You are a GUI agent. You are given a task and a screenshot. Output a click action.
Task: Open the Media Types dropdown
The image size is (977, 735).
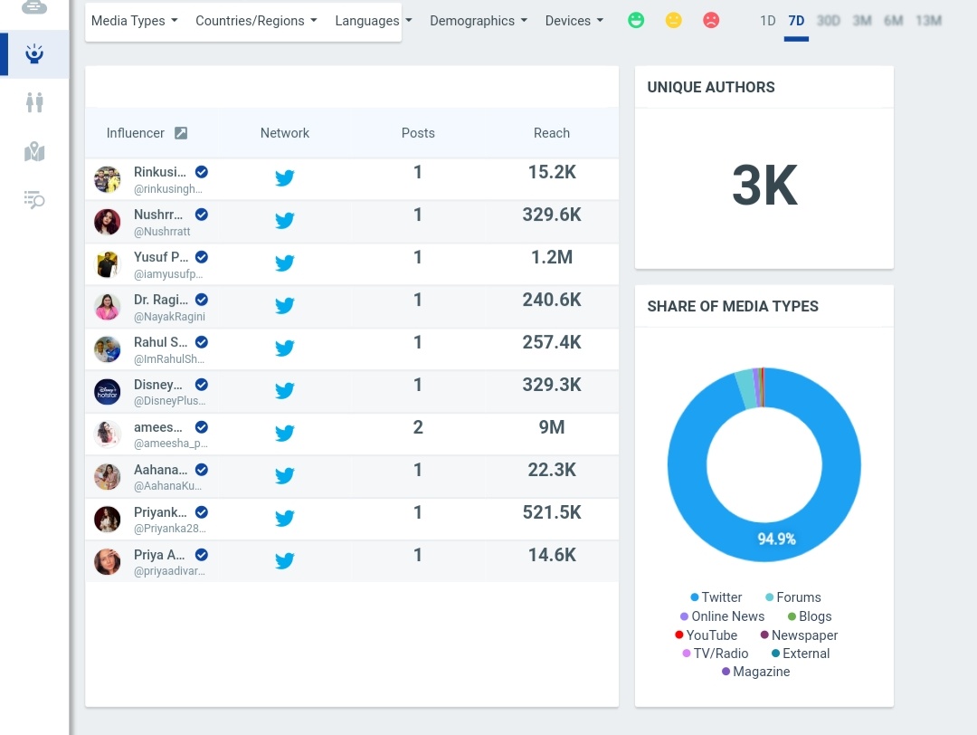134,21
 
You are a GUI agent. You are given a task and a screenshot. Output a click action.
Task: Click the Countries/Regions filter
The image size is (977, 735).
256,21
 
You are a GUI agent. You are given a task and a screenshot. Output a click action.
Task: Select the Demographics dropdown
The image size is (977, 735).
478,21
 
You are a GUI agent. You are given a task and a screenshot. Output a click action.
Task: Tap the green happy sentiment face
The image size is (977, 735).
636,20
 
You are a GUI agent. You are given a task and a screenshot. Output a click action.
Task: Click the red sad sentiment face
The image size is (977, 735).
711,20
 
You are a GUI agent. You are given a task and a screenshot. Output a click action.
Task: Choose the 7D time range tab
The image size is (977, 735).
796,21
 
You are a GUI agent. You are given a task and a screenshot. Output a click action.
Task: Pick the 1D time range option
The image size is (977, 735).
767,21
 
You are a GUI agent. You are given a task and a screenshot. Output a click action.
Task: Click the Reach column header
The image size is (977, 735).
551,133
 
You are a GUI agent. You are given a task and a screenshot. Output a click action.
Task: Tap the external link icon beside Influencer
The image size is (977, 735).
181,133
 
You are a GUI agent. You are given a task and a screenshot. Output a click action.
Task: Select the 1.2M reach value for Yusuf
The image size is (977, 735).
551,257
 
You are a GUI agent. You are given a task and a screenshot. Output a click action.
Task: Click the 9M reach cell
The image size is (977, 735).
551,427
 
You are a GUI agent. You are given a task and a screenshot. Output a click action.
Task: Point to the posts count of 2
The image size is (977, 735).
418,427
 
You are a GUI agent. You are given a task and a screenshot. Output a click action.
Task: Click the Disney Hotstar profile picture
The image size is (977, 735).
108,392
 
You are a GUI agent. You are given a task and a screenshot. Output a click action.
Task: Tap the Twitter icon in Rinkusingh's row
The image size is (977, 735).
285,178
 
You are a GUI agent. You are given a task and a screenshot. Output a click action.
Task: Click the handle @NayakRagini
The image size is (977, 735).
169,317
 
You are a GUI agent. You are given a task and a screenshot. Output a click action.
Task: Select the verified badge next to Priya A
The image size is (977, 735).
202,555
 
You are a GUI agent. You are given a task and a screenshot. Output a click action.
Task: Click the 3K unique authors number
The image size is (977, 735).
764,186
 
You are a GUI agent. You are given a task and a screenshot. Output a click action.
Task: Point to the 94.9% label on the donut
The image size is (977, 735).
776,539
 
